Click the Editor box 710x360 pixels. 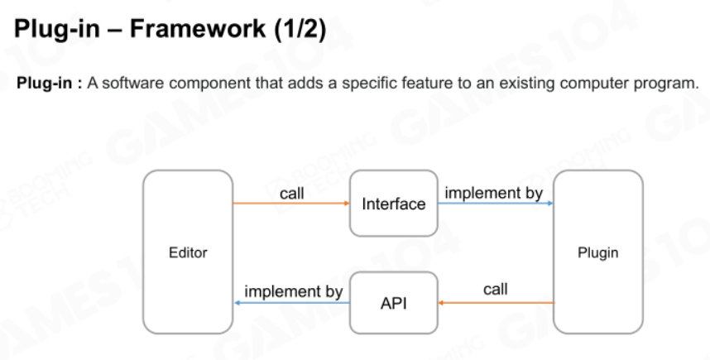click(x=188, y=252)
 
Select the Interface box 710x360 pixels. click(x=394, y=204)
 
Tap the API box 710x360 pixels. click(x=394, y=303)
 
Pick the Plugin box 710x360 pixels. click(x=597, y=252)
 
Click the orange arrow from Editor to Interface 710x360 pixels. click(x=291, y=204)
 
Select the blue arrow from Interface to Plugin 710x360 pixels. click(x=496, y=204)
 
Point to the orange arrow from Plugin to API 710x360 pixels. click(x=496, y=303)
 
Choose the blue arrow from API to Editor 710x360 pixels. click(x=291, y=303)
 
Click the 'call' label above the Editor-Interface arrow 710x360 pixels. click(x=291, y=194)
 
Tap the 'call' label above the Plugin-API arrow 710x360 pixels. click(x=496, y=289)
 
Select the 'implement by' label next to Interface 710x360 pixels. click(x=493, y=193)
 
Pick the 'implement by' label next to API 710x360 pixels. click(x=294, y=291)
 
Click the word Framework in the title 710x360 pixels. click(x=198, y=28)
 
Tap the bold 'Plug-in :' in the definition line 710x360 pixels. click(x=50, y=84)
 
